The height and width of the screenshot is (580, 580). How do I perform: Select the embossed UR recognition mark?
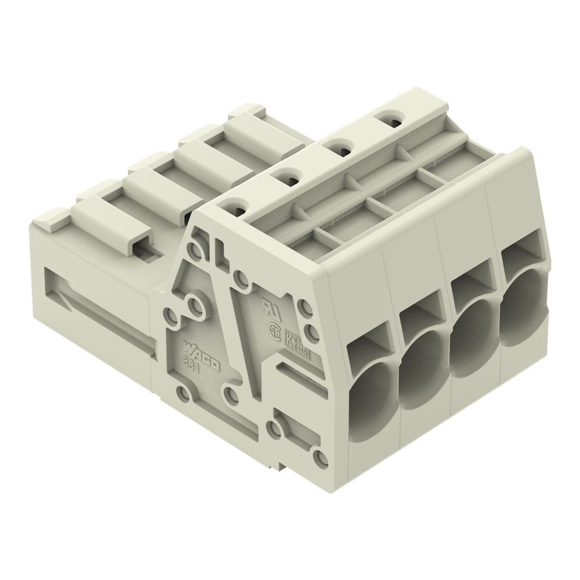click(266, 307)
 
